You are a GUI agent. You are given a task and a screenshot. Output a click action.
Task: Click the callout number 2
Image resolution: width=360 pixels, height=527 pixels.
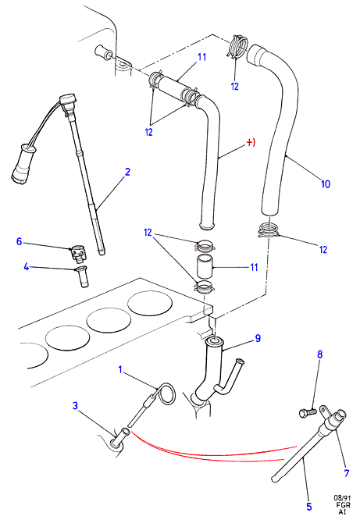coord(127,172)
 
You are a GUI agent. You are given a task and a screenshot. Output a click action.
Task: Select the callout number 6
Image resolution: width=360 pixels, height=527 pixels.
coord(20,241)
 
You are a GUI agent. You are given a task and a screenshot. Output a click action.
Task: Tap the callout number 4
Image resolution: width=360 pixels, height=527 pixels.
coord(27,267)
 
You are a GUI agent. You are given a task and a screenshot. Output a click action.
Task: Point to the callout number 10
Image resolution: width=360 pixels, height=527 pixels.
coord(326,183)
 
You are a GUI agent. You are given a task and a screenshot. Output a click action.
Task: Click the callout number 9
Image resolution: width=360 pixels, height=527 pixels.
coord(258,338)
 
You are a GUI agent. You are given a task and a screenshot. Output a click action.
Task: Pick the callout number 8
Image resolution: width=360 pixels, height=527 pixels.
coord(319,354)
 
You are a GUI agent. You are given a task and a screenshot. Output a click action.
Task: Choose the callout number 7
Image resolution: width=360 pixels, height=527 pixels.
coord(347,473)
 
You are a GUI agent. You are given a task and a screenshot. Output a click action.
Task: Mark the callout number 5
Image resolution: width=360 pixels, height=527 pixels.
coord(309,507)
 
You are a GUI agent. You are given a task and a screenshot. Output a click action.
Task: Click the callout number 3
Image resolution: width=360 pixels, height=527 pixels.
coord(75,406)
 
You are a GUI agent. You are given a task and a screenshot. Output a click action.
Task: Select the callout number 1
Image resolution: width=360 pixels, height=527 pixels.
coord(120,370)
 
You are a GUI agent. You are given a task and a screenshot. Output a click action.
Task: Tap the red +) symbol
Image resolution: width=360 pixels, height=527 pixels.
coord(251,143)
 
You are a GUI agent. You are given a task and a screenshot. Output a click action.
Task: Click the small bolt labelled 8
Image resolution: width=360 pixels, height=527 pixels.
coord(308,412)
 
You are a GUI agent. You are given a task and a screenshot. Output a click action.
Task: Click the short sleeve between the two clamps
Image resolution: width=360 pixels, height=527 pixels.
coord(204,266)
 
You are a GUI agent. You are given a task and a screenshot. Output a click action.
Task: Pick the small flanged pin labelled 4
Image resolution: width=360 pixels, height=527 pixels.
coord(82,276)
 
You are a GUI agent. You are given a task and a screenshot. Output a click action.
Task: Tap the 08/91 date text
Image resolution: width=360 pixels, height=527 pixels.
coord(342,498)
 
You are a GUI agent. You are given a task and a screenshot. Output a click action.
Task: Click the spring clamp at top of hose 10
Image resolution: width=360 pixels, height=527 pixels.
coord(238,46)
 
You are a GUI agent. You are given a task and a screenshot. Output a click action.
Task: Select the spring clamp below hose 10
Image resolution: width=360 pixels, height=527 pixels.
coord(269,231)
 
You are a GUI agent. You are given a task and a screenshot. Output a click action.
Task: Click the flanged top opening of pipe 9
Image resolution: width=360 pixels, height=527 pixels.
coord(214,341)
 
